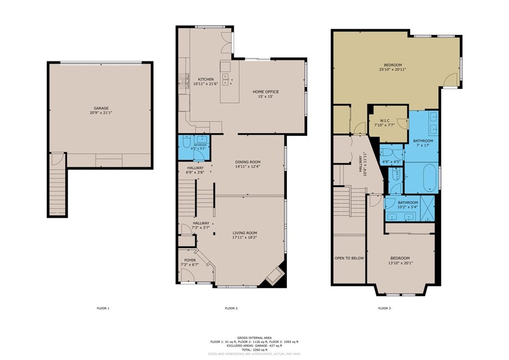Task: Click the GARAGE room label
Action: (x=101, y=108)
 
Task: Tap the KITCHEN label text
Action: (x=206, y=80)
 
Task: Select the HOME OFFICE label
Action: (x=265, y=91)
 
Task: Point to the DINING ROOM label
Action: (x=248, y=162)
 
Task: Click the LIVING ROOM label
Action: (x=245, y=233)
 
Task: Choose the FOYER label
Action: (x=190, y=260)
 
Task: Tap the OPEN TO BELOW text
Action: (x=349, y=258)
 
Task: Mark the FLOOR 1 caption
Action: (x=103, y=308)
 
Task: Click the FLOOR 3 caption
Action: (x=384, y=308)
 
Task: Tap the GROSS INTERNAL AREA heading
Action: (x=254, y=337)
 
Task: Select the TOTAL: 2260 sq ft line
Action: (x=254, y=350)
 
